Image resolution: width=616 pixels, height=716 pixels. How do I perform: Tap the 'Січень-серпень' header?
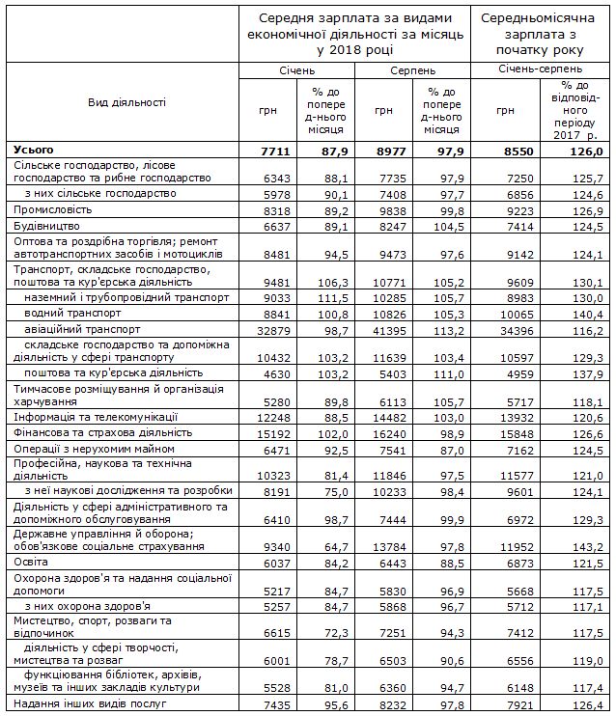(540, 69)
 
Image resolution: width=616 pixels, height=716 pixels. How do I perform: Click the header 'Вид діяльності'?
(126, 102)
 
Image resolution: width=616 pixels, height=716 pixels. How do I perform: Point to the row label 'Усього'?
(34, 151)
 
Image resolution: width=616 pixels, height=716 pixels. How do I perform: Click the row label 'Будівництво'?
(44, 225)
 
